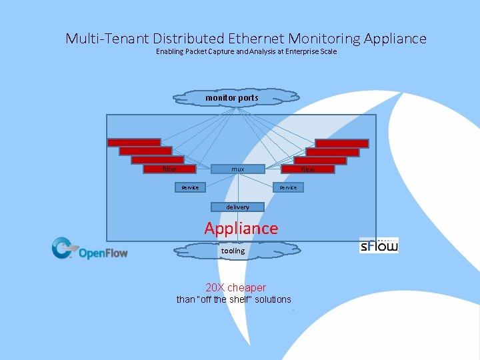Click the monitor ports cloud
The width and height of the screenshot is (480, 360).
coord(232,98)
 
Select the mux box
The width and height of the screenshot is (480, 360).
coord(238,169)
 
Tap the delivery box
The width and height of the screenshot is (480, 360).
coord(238,207)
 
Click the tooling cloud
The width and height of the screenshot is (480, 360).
coord(233,251)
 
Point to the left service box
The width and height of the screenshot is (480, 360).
coord(190,187)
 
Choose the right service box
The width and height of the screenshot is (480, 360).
coord(288,187)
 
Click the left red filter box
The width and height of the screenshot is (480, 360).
coord(170,169)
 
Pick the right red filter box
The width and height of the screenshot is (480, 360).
coord(308,169)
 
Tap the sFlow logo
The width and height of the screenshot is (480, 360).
coord(379,245)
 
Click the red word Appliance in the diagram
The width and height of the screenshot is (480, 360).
coord(241,228)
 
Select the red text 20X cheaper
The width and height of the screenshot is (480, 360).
coord(236,287)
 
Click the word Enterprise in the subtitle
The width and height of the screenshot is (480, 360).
coord(301,51)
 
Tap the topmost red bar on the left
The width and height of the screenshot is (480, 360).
coord(134,142)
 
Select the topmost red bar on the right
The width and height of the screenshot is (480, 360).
coord(341,143)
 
